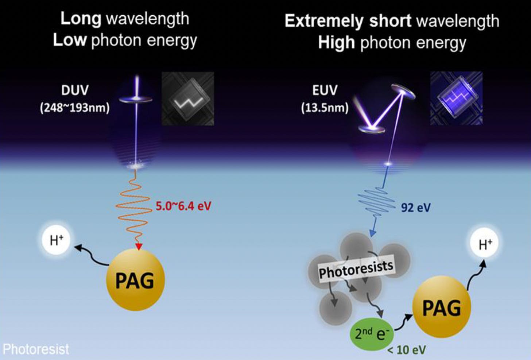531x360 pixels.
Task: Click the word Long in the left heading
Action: tap(81, 19)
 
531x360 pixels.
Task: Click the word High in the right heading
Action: tap(336, 42)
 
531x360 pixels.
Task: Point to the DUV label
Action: tap(75, 90)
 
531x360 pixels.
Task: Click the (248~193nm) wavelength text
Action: tap(75, 108)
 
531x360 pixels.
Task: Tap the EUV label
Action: tap(325, 90)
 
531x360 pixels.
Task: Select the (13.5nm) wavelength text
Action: tap(325, 108)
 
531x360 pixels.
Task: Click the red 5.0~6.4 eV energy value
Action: tap(183, 206)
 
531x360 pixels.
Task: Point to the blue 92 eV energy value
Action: tap(416, 208)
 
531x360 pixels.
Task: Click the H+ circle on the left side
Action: tap(56, 240)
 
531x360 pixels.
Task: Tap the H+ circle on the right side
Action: tap(485, 244)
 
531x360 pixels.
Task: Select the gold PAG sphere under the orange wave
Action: tap(135, 280)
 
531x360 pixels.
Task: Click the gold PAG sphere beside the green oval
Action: tap(442, 307)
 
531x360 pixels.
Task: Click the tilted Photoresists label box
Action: tap(356, 269)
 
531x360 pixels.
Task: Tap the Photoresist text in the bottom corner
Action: tap(36, 349)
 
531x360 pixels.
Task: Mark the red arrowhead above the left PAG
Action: tap(138, 247)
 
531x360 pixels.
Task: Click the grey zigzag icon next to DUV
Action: tap(187, 99)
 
